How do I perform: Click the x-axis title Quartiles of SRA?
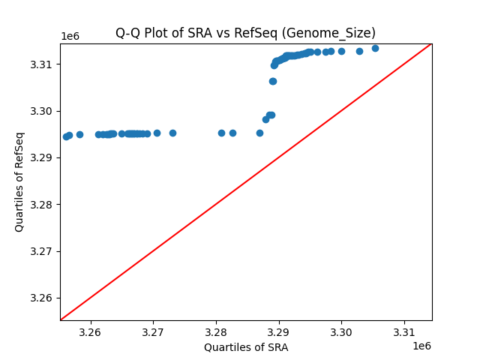(x=246, y=347)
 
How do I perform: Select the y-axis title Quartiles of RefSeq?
(x=19, y=181)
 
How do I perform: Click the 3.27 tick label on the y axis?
(x=42, y=251)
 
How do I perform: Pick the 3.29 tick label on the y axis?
(x=42, y=157)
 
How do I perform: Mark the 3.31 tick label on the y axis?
(x=42, y=64)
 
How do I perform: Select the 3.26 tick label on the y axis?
(x=42, y=298)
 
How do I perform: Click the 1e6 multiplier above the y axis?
(x=70, y=37)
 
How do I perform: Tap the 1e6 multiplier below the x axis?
(x=421, y=346)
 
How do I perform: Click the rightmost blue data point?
(x=375, y=48)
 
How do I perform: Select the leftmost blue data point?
(x=66, y=136)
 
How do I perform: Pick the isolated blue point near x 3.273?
(x=172, y=133)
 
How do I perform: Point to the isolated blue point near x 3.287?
(x=259, y=133)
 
